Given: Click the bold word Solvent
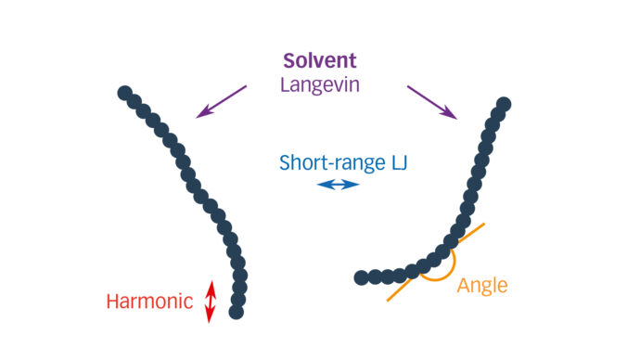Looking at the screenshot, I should (x=319, y=60).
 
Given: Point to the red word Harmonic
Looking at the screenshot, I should (x=149, y=301).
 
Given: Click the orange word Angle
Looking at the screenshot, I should (x=482, y=286).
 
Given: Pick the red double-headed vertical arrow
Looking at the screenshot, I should (x=210, y=302).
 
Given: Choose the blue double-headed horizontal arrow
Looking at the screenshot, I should (x=338, y=185).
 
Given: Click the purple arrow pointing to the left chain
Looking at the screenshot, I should (x=223, y=101).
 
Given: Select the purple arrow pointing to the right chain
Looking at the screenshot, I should (x=431, y=102).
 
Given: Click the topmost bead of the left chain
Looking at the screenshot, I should (x=124, y=93).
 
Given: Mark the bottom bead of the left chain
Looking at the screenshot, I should (x=237, y=313).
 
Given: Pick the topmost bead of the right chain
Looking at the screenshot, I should (x=504, y=104).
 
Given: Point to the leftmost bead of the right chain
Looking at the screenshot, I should (x=362, y=277).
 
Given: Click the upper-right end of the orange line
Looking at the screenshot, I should (x=482, y=225).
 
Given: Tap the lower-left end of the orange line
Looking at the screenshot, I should (x=389, y=300).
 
